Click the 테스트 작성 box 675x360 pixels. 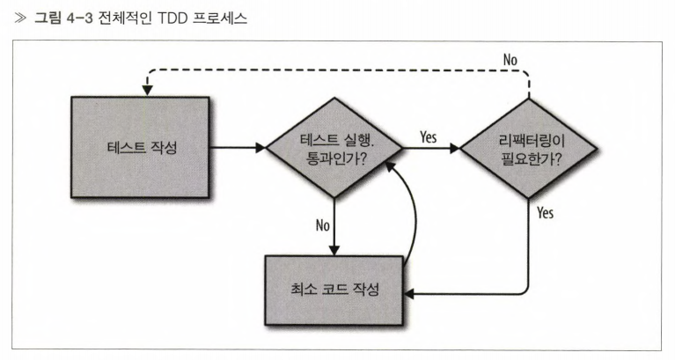pos(139,147)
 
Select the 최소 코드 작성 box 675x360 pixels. pos(334,289)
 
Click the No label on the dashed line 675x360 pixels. pos(510,59)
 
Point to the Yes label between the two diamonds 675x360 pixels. pos(429,136)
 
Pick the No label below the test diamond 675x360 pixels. pos(322,224)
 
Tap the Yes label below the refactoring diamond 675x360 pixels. pos(545,212)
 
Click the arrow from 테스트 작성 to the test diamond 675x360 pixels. pos(238,148)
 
